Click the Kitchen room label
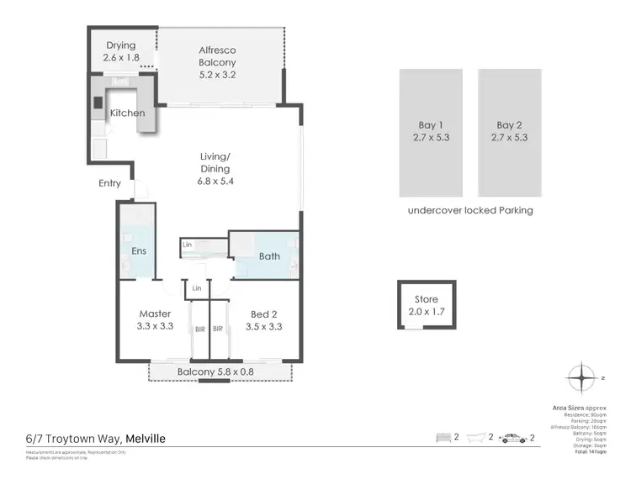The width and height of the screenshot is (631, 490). click(127, 113)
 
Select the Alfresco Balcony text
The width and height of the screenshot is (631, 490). click(216, 56)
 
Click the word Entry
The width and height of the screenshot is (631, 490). click(109, 183)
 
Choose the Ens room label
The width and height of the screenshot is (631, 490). click(138, 250)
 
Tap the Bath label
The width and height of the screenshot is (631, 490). click(269, 256)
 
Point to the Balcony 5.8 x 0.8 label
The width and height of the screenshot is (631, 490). click(215, 372)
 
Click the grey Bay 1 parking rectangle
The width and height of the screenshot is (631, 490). click(430, 131)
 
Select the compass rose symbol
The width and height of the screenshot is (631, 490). click(581, 378)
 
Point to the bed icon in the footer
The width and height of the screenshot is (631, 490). click(444, 438)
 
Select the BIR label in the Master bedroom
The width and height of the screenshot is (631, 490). click(199, 329)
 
